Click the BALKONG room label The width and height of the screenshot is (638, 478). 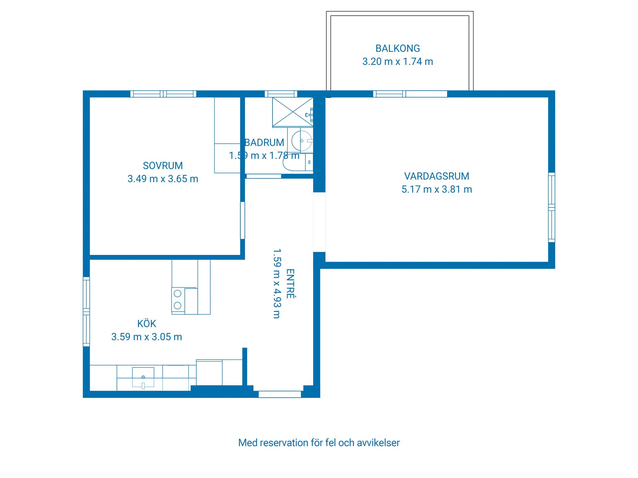point(397,48)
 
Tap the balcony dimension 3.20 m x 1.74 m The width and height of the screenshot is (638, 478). point(397,62)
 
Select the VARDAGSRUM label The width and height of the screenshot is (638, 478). point(436,176)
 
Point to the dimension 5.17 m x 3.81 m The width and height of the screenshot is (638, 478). point(436,190)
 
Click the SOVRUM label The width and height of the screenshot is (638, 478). point(163,166)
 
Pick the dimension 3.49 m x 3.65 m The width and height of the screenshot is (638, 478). point(163,179)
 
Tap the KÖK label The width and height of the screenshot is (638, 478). point(147,324)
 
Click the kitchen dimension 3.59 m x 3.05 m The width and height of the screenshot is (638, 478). point(147,337)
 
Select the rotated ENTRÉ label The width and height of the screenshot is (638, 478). point(290,284)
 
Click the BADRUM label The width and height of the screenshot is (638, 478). point(264,143)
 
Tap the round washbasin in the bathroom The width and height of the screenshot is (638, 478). point(302,141)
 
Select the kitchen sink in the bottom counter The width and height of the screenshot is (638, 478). point(143,377)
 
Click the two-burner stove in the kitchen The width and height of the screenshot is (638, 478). point(178,299)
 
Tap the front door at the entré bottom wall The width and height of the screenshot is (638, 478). point(280,394)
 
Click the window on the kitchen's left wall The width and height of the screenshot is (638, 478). point(86,312)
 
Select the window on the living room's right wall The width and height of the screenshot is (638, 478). point(552,207)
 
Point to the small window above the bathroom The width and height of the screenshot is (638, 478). point(281,94)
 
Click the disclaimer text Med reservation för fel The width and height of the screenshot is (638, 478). point(319,443)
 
